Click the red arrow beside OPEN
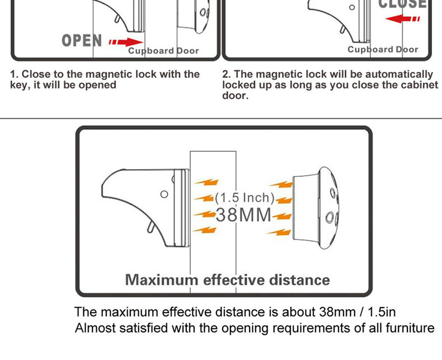[126, 43]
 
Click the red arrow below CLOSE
[402, 19]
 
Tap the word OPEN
[82, 41]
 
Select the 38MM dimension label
[243, 214]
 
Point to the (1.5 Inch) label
[244, 198]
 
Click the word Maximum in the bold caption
[162, 280]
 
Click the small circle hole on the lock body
[164, 194]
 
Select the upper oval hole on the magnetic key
[333, 193]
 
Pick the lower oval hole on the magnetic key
[329, 218]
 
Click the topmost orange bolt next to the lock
[206, 183]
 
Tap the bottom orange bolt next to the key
[279, 232]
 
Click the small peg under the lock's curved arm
[151, 227]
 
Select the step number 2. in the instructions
[227, 74]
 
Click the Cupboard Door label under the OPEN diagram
[163, 51]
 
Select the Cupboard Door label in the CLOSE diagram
[383, 49]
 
